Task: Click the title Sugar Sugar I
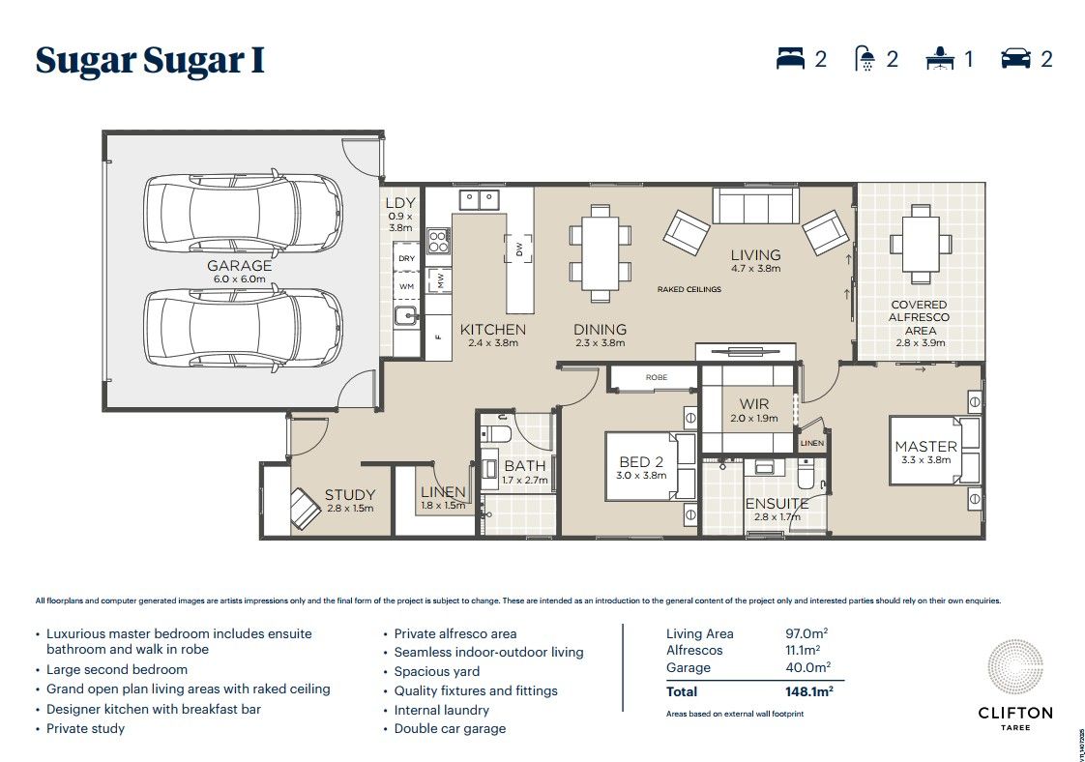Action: point(150,60)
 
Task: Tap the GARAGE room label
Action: point(239,266)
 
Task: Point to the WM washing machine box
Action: point(407,286)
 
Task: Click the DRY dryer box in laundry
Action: point(407,258)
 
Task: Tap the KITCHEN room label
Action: point(492,329)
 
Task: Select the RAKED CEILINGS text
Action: point(689,289)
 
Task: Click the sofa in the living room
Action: point(754,206)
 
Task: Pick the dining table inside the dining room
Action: point(600,248)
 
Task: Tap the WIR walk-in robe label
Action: point(753,403)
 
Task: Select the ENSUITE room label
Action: point(777,504)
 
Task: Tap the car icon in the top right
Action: point(1015,59)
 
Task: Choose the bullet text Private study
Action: point(85,728)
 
